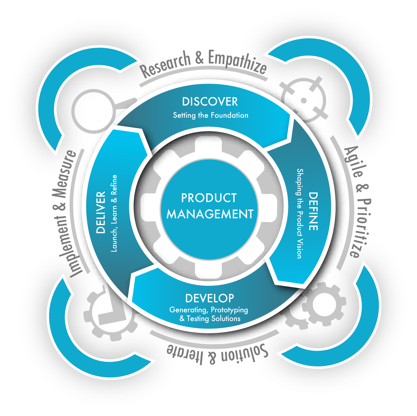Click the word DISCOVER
pos(210,102)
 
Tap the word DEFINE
pos(313,211)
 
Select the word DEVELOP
pos(209,298)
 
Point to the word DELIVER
pos(101,212)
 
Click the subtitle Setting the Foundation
pos(211,115)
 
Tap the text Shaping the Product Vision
pos(300,214)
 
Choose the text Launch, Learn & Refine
pos(114,213)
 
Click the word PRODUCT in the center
pos(209,198)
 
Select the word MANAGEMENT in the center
pos(210,214)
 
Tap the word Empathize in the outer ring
pos(237,62)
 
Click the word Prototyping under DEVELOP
pos(229,310)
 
